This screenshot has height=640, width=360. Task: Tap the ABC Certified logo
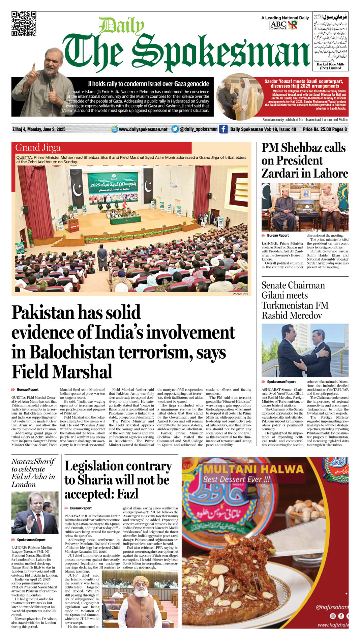[278, 25]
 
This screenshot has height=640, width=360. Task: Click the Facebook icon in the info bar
[223, 129]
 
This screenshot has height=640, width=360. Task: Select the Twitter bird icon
[175, 129]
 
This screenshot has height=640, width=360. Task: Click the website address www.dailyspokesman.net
[143, 129]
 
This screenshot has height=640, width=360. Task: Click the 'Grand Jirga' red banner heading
[38, 148]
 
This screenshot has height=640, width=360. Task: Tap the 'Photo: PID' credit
[240, 294]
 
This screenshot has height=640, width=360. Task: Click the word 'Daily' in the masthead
[121, 26]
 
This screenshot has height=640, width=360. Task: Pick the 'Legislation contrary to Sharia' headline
[118, 480]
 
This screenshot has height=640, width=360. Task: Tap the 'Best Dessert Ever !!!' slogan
[236, 479]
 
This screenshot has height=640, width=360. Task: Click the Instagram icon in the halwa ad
[333, 616]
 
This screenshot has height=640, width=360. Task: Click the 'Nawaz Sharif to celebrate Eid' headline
[33, 473]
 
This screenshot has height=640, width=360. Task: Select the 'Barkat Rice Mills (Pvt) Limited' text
[330, 66]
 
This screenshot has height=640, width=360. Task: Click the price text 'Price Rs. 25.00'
[317, 129]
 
